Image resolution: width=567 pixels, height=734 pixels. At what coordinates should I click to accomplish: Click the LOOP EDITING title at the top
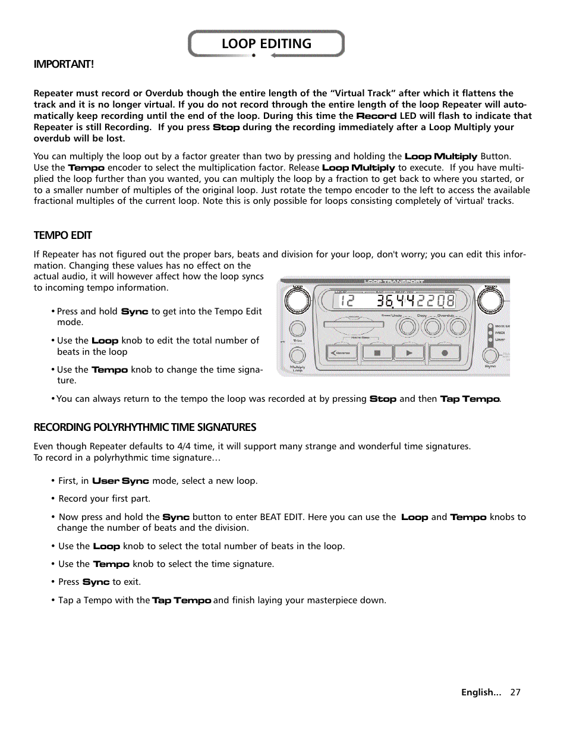click(266, 44)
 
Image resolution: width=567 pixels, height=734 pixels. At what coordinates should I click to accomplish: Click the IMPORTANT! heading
click(64, 64)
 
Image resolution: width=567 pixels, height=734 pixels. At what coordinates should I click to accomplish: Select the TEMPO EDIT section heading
click(62, 235)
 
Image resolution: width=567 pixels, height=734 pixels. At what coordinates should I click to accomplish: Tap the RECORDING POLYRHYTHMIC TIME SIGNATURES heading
click(144, 427)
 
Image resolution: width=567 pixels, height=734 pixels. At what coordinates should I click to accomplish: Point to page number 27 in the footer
click(515, 692)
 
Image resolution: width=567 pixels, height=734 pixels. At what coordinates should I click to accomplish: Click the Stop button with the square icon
click(377, 352)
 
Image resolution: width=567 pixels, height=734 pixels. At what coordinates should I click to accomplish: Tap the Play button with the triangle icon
click(409, 352)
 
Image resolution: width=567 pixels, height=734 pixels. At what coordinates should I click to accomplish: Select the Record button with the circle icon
click(444, 352)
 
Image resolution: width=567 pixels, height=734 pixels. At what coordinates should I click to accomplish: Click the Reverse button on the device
click(342, 352)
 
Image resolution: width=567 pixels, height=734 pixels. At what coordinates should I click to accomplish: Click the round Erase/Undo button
click(407, 326)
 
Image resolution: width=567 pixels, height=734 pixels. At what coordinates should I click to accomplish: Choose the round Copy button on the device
click(432, 326)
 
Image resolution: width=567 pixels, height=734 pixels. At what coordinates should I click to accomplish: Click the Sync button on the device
click(490, 355)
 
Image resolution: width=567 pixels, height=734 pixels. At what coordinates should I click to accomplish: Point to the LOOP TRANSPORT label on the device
click(394, 281)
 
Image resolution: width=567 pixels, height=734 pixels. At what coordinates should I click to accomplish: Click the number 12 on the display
click(347, 301)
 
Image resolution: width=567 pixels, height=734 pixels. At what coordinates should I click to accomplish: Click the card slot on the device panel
click(353, 325)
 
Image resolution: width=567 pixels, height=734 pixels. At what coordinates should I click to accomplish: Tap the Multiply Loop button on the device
click(297, 355)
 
